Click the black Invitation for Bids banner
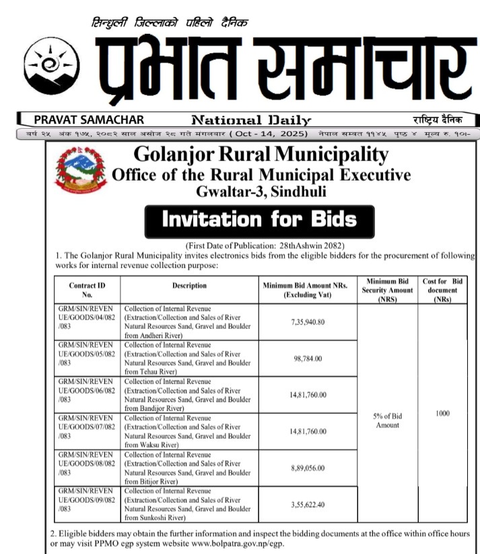(260, 219)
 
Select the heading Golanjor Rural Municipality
(261, 156)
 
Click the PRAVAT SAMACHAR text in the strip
(89, 120)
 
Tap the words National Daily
(251, 121)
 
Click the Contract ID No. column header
(87, 290)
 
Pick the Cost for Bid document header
(442, 290)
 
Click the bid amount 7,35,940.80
(307, 322)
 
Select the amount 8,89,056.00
(307, 468)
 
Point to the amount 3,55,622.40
(307, 504)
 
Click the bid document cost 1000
(442, 413)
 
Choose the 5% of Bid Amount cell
(387, 421)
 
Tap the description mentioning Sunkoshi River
(186, 504)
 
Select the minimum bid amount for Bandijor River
(307, 395)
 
